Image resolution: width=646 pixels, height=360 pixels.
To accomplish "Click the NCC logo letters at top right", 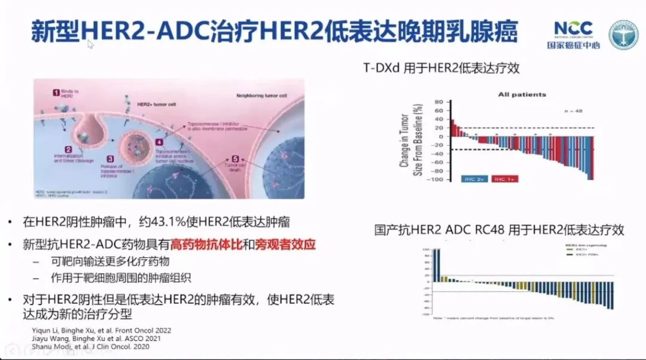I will pos(573,28).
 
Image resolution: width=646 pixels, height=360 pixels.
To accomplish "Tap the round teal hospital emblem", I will pos(623,35).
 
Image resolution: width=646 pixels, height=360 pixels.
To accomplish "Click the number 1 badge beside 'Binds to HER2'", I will pos(56,93).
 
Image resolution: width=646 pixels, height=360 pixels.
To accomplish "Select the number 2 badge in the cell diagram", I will pos(69,150).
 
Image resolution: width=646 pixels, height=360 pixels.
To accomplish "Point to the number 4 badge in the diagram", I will pos(159,143).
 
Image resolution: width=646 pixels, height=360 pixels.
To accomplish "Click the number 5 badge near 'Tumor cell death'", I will pos(235,159).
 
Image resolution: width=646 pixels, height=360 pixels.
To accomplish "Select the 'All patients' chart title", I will pos(522,94).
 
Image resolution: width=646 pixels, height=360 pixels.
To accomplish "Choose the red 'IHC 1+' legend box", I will pos(506,178).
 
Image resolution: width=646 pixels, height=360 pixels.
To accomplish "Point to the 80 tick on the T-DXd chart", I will pos(438,102).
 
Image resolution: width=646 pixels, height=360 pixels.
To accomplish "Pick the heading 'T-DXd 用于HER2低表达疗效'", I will pos(441,68).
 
